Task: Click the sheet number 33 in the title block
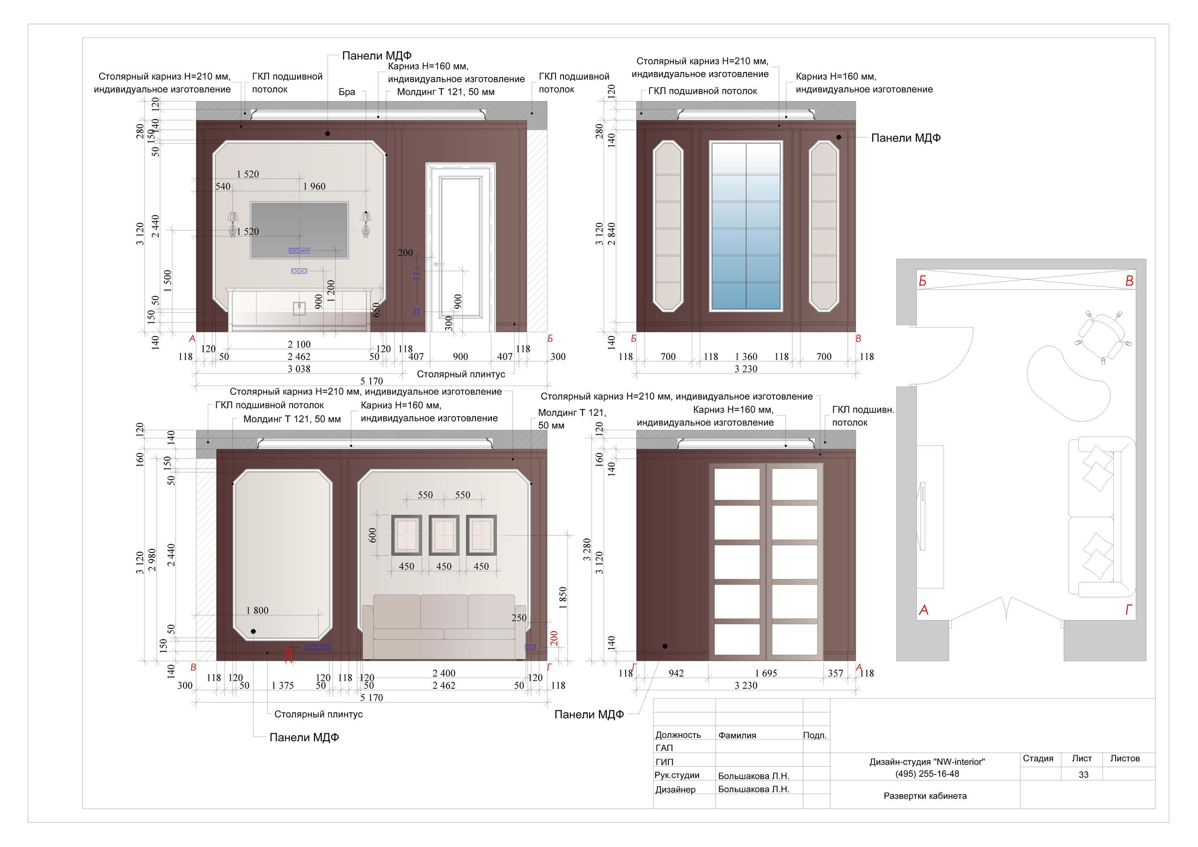[1083, 774]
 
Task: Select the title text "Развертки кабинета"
[925, 796]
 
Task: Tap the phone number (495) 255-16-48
[927, 774]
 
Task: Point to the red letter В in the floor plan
[1129, 281]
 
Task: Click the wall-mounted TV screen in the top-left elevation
[299, 230]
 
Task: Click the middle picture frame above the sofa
[444, 535]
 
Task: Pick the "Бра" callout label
[346, 92]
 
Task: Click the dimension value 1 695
[766, 673]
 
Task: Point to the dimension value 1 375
[282, 685]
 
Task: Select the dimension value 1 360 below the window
[746, 357]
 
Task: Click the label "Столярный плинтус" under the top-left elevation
[461, 374]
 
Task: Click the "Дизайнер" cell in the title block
[675, 789]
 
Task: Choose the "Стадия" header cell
[1038, 758]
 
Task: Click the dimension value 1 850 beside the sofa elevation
[562, 598]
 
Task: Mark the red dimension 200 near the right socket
[554, 638]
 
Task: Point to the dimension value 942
[676, 673]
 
